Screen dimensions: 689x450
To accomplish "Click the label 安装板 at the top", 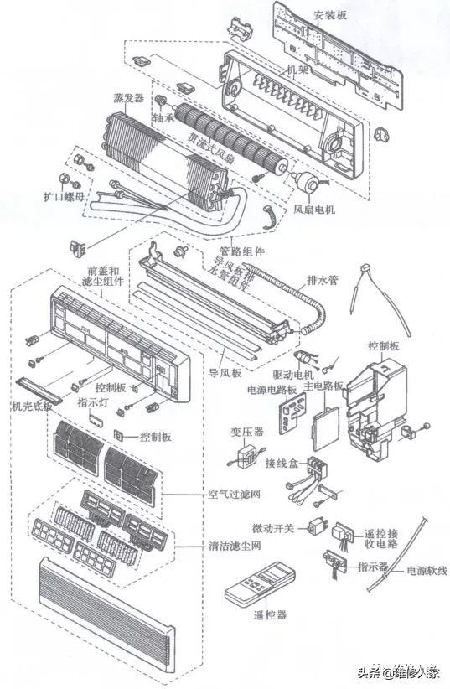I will pyautogui.click(x=330, y=15).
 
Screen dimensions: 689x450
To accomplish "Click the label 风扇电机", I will pyautogui.click(x=314, y=210).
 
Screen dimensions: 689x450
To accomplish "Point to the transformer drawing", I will pyautogui.click(x=246, y=458).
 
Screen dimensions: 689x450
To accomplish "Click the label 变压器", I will pyautogui.click(x=247, y=432).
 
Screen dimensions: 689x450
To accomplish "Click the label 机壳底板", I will pyautogui.click(x=32, y=407).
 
